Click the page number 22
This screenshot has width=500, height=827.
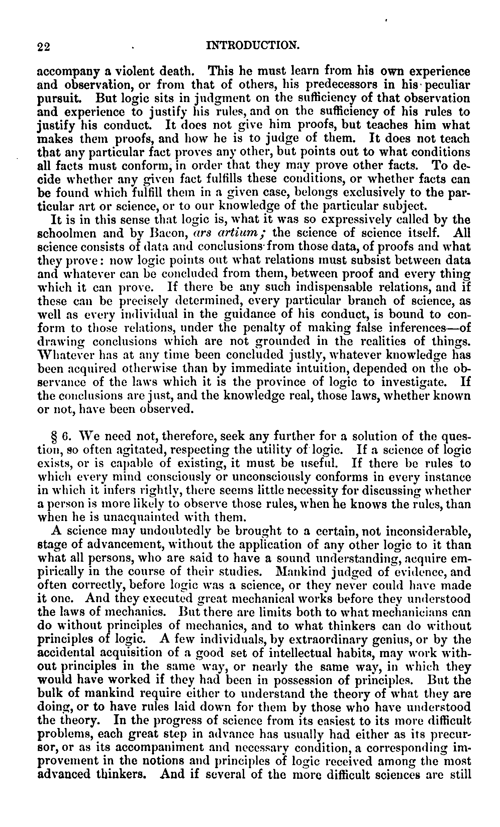pos(43,47)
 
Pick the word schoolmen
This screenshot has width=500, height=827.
pos(67,233)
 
